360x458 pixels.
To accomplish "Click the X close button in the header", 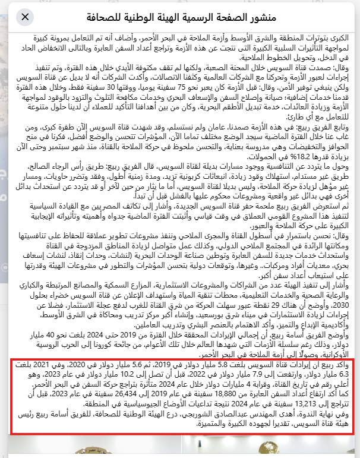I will pyautogui.click(x=25, y=16).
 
